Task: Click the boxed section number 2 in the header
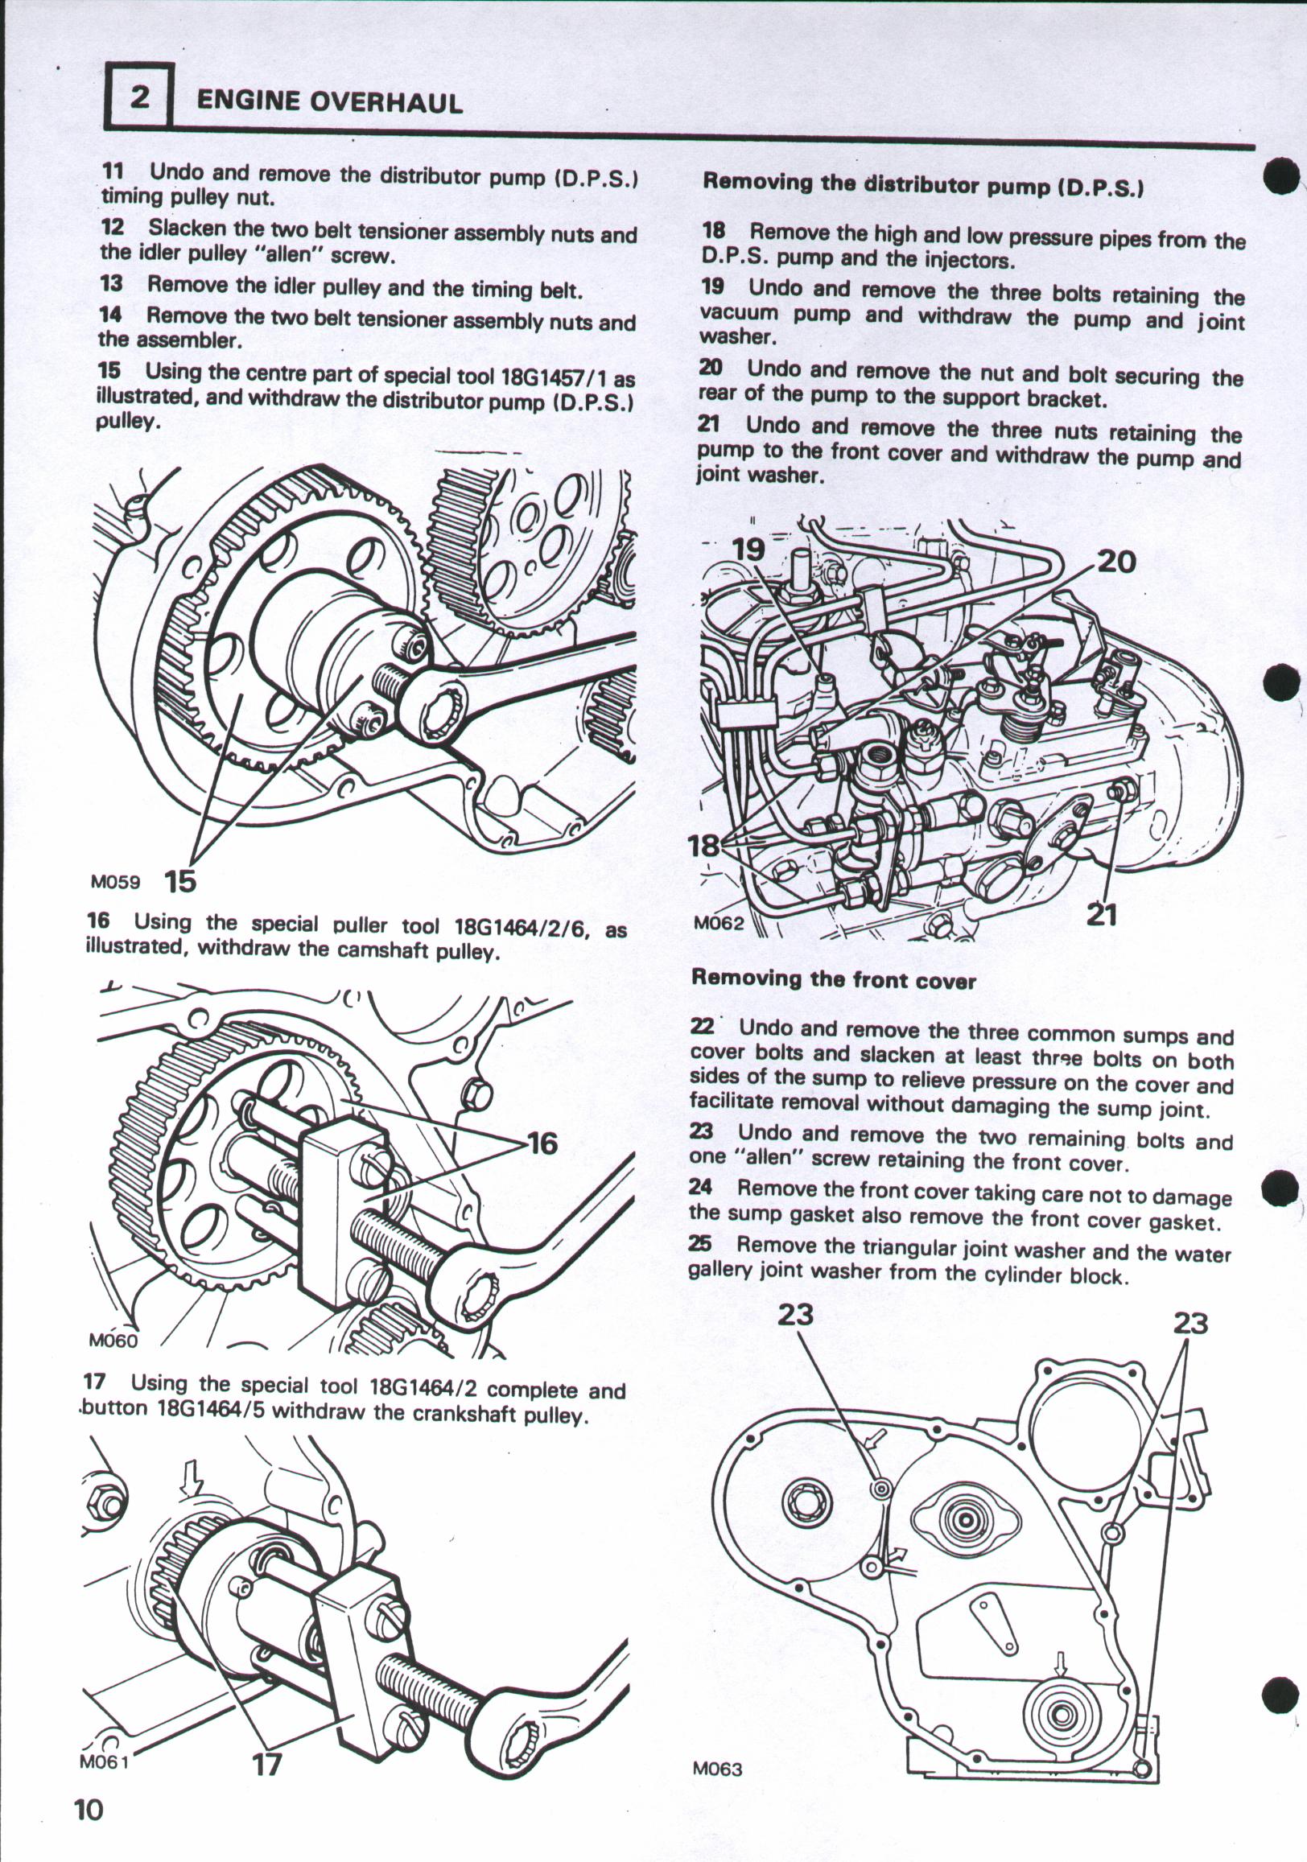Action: click(139, 98)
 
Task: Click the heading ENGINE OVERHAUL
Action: click(329, 102)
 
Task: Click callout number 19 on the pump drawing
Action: click(748, 550)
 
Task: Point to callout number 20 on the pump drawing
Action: click(1115, 562)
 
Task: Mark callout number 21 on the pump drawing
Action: click(1101, 916)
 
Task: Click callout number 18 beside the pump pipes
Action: click(703, 847)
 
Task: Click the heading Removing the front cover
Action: click(832, 980)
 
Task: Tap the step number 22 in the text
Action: click(701, 1027)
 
